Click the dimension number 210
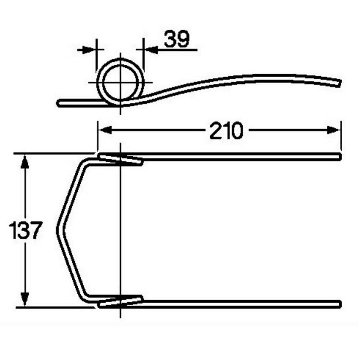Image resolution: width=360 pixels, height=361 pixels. tap(226, 130)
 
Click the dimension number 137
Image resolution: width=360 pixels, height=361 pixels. tap(25, 230)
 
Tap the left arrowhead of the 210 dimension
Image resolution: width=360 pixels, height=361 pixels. tap(105, 130)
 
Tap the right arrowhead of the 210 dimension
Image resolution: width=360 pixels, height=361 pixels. tap(334, 130)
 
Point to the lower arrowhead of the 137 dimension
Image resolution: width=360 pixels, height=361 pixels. tap(25, 299)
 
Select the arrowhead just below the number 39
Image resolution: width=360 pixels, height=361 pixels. tap(151, 49)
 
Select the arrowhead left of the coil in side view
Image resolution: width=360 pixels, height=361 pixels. tap(89, 49)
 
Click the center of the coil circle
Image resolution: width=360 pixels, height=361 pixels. tap(120, 82)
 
